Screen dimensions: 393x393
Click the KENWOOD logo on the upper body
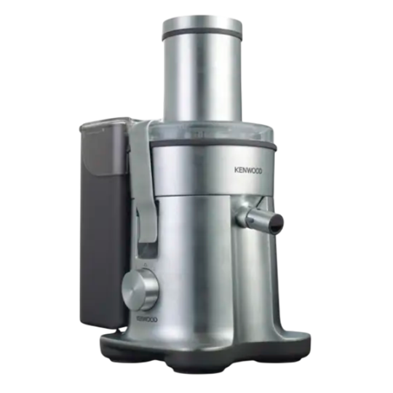248,170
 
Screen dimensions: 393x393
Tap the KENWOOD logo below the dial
147,319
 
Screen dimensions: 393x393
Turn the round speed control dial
140,289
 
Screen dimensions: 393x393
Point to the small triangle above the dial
145,265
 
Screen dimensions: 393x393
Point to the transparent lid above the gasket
212,132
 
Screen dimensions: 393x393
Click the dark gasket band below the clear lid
213,145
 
